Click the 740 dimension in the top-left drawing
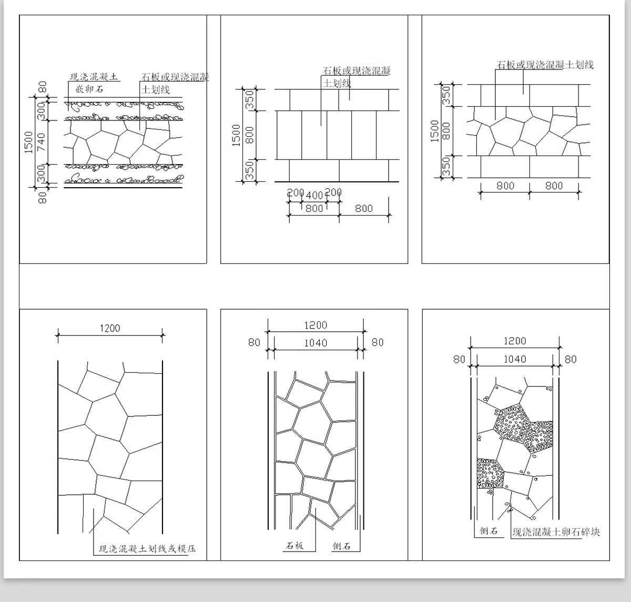tap(42, 142)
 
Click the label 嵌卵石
tap(89, 89)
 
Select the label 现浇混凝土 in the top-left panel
tap(94, 77)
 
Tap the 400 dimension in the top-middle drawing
tap(314, 196)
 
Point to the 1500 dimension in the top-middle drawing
tap(236, 135)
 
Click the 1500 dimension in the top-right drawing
tap(434, 131)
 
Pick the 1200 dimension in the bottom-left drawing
tap(109, 328)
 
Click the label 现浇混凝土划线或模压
tap(147, 549)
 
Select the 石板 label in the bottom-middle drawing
tap(294, 546)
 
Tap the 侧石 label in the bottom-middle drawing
tap(341, 546)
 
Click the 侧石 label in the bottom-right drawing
tap(488, 531)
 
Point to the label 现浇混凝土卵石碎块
tap(556, 532)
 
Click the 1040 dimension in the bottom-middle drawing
tap(315, 343)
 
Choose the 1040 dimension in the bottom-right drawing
tap(515, 359)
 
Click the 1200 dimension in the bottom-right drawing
tap(515, 341)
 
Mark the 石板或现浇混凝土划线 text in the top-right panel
tap(545, 65)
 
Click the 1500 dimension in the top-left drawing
tap(28, 142)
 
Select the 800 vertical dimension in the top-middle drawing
tap(250, 135)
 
